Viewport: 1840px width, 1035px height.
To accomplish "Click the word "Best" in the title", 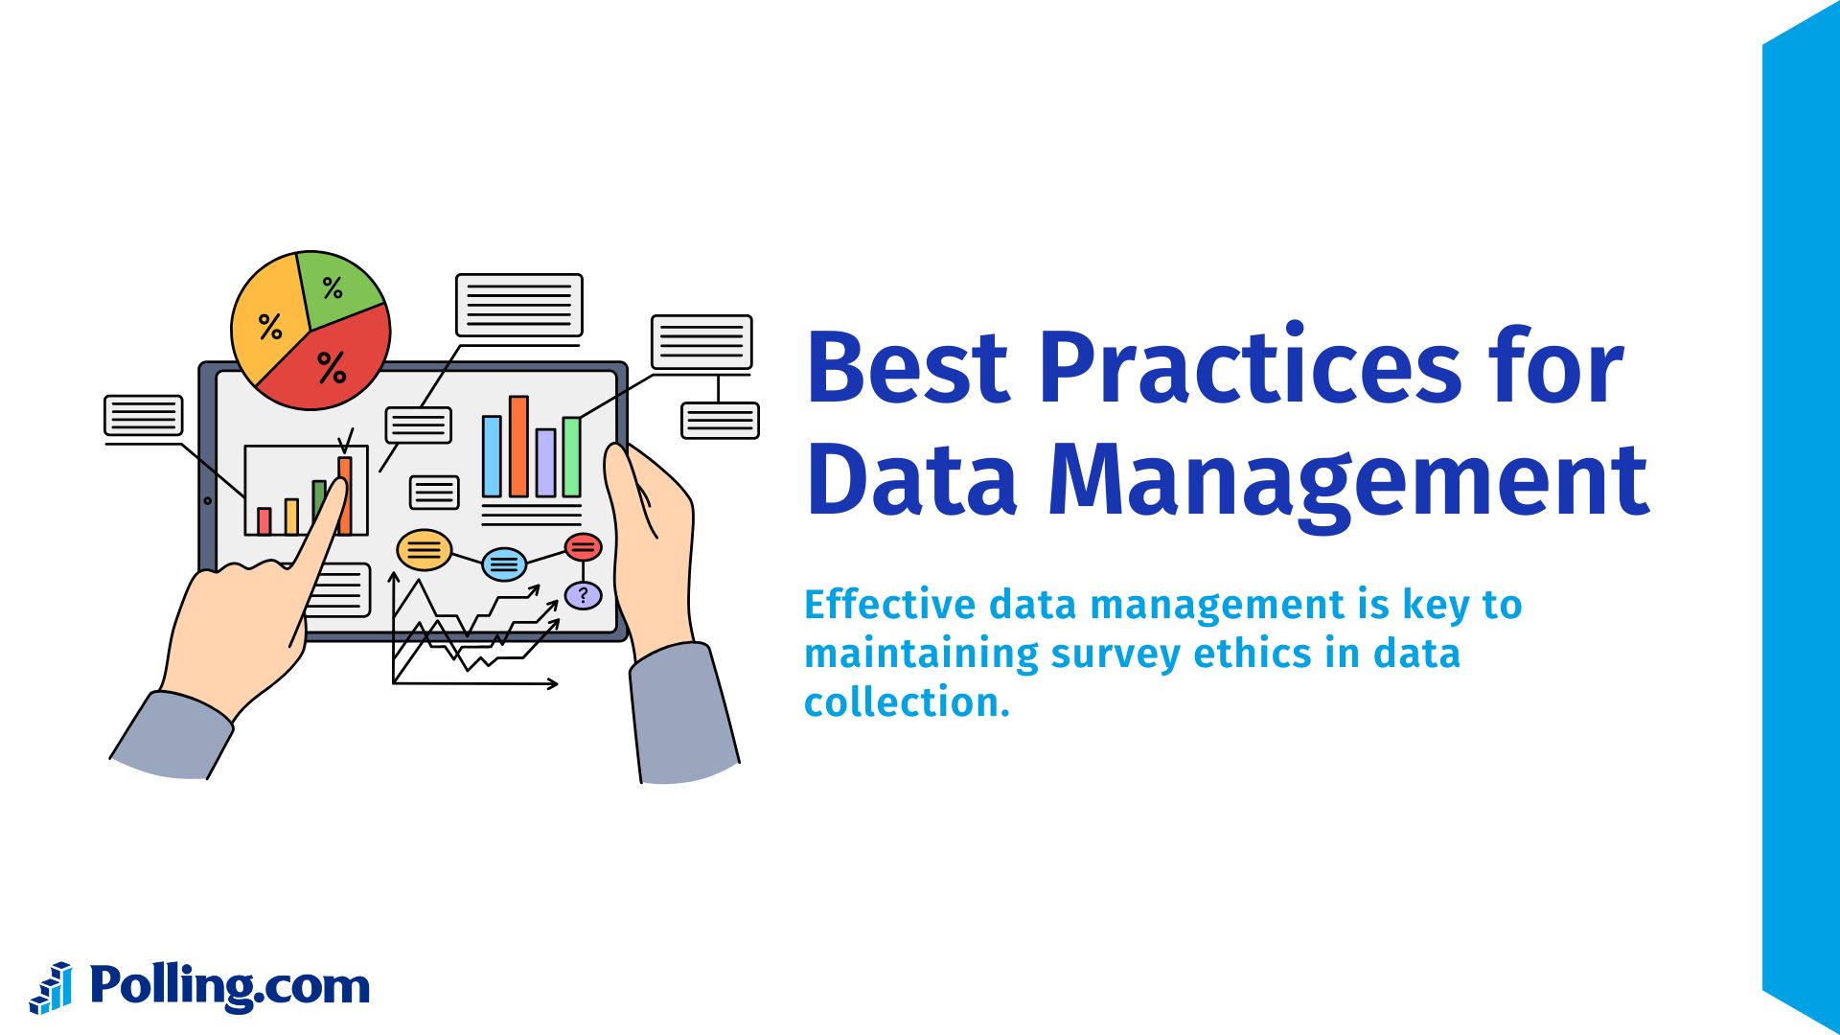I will pyautogui.click(x=908, y=368).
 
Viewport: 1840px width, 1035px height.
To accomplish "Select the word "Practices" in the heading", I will pyautogui.click(x=1251, y=368).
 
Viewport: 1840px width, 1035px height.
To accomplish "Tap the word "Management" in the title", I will pyautogui.click(x=1348, y=481).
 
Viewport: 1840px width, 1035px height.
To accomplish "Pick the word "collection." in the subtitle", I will pyautogui.click(x=907, y=702).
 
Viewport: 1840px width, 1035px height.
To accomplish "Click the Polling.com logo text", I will pyautogui.click(x=230, y=986).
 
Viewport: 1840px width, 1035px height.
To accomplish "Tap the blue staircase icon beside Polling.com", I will pyautogui.click(x=52, y=988).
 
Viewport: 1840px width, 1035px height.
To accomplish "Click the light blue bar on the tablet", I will pyautogui.click(x=492, y=456).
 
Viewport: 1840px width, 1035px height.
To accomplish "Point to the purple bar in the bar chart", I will pyautogui.click(x=545, y=462).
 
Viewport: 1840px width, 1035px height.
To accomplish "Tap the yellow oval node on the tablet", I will pyautogui.click(x=424, y=550).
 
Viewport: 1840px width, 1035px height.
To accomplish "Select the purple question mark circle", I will pyautogui.click(x=583, y=595).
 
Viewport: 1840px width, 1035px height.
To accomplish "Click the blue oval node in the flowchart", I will pyautogui.click(x=503, y=563).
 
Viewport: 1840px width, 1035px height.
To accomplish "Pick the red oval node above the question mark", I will pyautogui.click(x=583, y=547).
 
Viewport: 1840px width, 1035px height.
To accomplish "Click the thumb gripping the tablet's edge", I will pyautogui.click(x=628, y=489).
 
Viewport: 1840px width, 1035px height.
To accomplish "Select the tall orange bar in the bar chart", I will pyautogui.click(x=518, y=447).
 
